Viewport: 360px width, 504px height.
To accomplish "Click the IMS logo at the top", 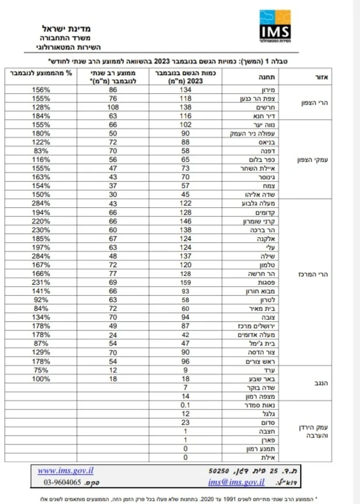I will click(x=277, y=27).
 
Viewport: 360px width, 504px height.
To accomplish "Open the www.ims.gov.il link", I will click(x=65, y=471).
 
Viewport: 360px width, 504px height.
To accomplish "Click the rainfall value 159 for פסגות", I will click(x=186, y=282).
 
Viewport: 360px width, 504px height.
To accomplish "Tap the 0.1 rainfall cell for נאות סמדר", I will click(x=186, y=404).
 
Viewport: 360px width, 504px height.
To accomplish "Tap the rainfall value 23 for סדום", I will click(x=186, y=423).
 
